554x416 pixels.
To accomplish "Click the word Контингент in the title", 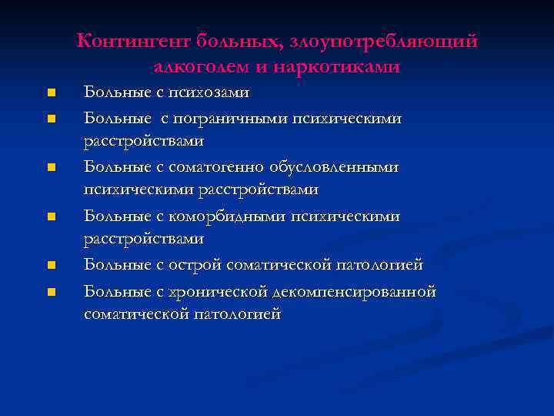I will (132, 41).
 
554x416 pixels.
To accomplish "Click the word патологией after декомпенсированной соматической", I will (238, 314).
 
